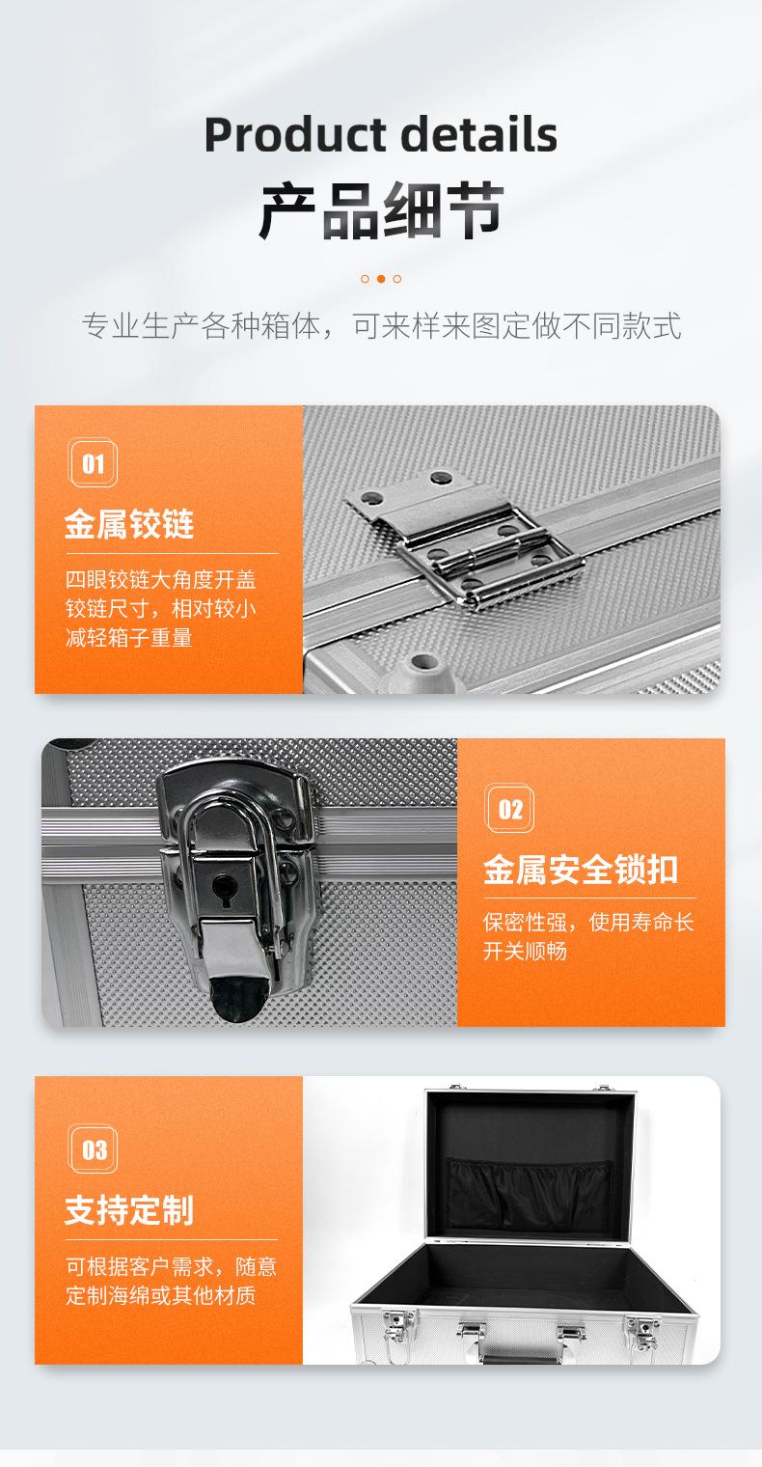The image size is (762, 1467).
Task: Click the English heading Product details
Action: coord(380,135)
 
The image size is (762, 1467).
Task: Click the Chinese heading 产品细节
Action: coord(380,209)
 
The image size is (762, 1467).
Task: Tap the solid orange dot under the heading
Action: coord(381,279)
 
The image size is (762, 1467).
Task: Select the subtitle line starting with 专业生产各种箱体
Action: coord(380,326)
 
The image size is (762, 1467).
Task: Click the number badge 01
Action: coord(93,464)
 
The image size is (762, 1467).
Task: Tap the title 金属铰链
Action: coord(129,525)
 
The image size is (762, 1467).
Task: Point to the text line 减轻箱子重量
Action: coord(128,638)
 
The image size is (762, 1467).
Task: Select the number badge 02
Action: coord(509,809)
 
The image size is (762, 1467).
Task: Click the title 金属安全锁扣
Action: coord(581,870)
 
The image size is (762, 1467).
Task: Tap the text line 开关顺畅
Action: coord(525,952)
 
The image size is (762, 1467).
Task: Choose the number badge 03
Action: coord(94,1149)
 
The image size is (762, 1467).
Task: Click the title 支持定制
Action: coord(129,1210)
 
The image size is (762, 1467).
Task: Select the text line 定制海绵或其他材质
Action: coord(160,1295)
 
